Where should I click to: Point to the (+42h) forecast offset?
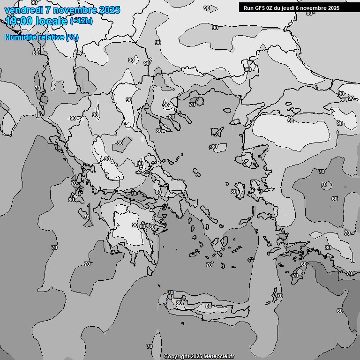(81, 21)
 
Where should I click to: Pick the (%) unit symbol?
(72, 37)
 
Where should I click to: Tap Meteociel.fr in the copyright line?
(219, 356)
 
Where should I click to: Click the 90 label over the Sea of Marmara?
(290, 121)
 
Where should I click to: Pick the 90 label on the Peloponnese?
(135, 225)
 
